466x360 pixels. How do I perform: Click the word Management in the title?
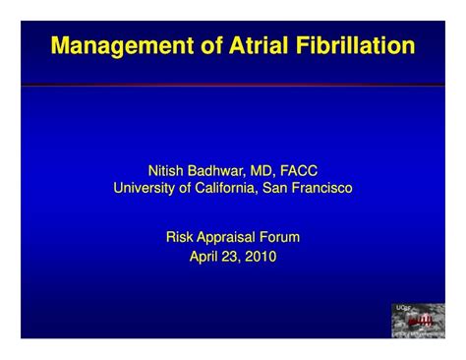pyautogui.click(x=111, y=46)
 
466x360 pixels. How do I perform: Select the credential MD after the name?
pyautogui.click(x=267, y=170)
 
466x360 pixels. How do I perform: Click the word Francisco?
pyautogui.click(x=320, y=188)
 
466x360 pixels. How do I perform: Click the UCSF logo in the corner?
pyautogui.click(x=418, y=321)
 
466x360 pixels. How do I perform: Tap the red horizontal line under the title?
pyautogui.click(x=233, y=87)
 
